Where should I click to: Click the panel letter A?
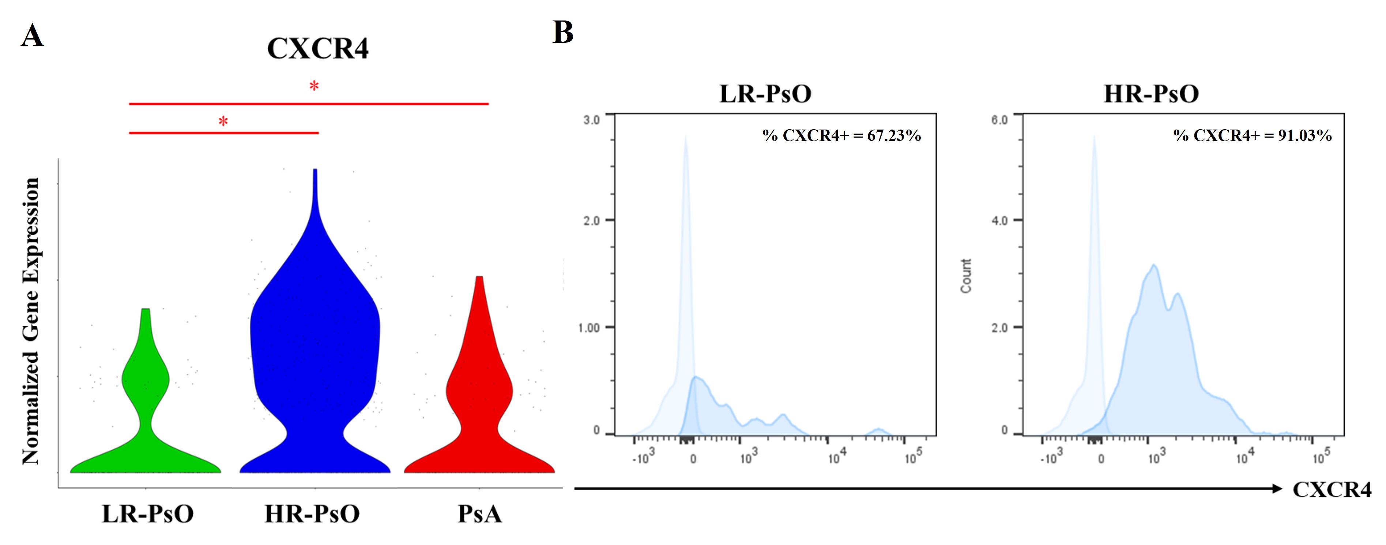coord(32,36)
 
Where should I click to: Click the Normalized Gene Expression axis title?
coord(31,321)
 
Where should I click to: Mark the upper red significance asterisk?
coord(314,86)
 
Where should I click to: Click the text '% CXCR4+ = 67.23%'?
coord(841,135)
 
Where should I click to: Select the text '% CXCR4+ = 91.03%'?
coord(1253,135)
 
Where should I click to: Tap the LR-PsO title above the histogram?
coord(765,94)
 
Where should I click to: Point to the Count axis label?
coord(966,276)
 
